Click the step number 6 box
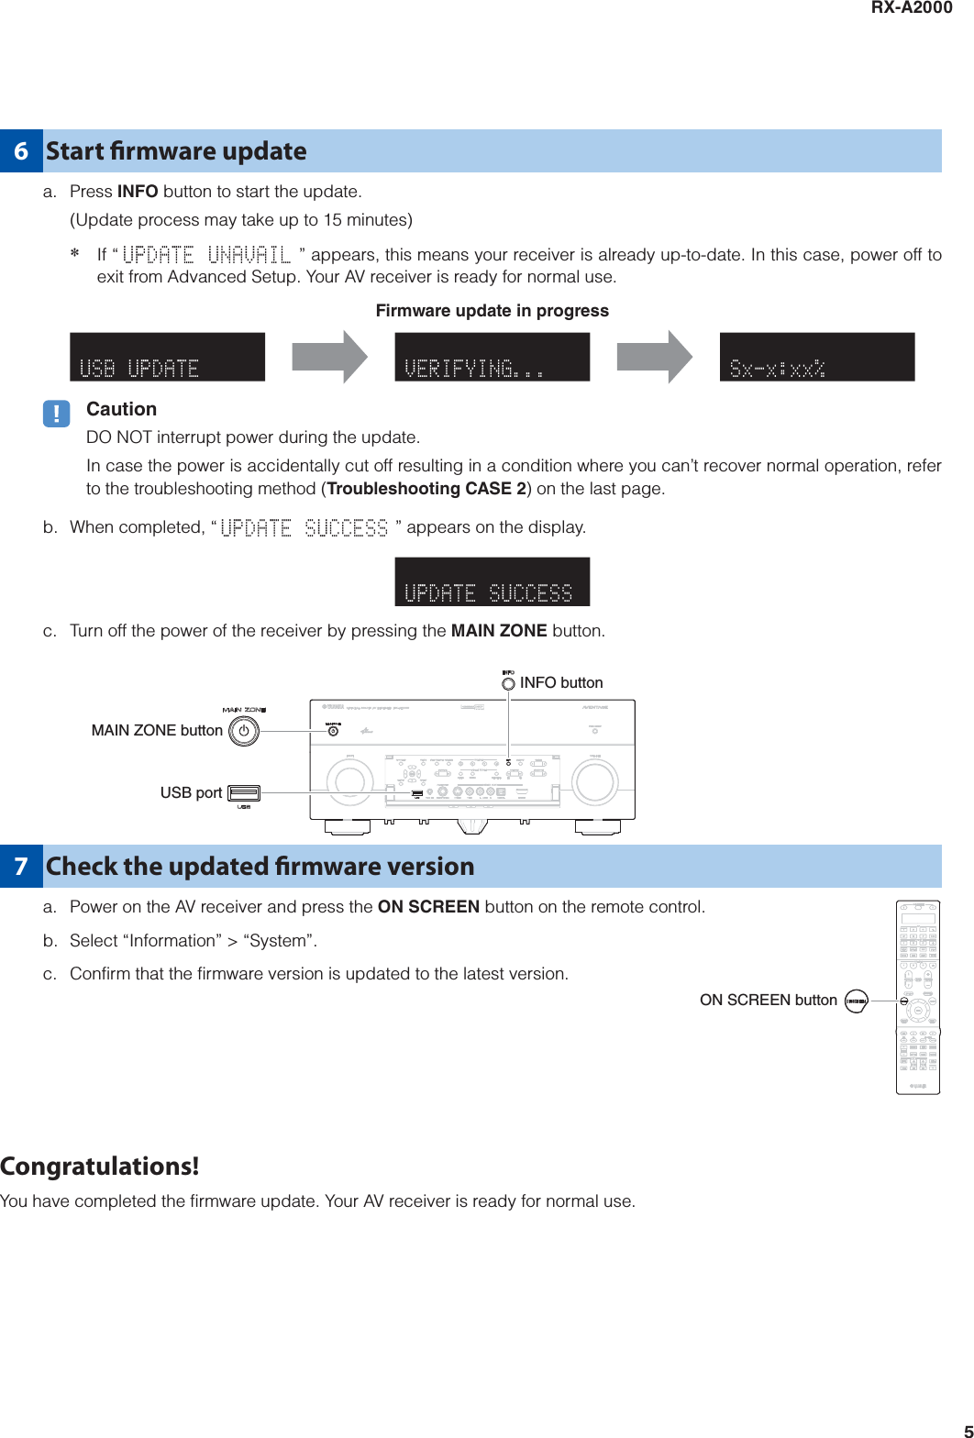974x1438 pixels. pos(21,151)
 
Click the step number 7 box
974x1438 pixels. pos(21,867)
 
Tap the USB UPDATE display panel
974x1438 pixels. pos(167,357)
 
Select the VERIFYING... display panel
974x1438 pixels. pos(492,357)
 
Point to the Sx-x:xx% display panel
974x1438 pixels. pos(816,357)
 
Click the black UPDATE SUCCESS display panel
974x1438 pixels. pos(492,581)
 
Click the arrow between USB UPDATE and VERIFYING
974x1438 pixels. pos(329,357)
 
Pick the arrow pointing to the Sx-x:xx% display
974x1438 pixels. pos(654,357)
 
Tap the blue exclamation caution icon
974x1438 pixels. pos(56,414)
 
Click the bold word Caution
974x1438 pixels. pos(121,409)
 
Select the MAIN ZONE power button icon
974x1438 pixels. pos(244,731)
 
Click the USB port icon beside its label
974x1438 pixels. pos(244,793)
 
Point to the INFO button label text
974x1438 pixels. pos(560,682)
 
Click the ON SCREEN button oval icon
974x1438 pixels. pos(856,1001)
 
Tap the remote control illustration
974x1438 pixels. pos(917,997)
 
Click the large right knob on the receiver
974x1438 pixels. pos(594,781)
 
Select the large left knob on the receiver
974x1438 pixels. pos(349,781)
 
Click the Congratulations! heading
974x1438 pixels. pos(100,1167)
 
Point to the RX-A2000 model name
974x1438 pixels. pos(911,8)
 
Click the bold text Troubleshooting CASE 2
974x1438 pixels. pos(426,489)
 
